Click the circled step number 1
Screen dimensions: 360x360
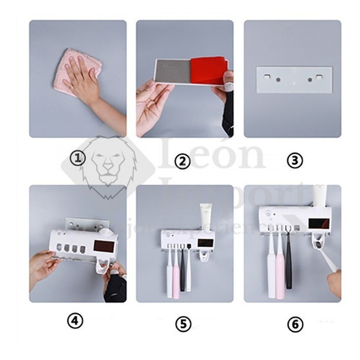pos(78,158)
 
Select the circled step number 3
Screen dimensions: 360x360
pos(295,161)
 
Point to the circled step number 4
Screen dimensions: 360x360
pos(75,321)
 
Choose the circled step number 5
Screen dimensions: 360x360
pos(183,324)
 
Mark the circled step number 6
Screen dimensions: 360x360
pos(295,325)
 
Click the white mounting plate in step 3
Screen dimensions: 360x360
pos(294,80)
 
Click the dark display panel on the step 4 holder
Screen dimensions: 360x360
pos(104,246)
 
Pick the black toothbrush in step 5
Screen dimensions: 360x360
pos(182,270)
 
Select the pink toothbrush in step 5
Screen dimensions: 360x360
pos(176,274)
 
